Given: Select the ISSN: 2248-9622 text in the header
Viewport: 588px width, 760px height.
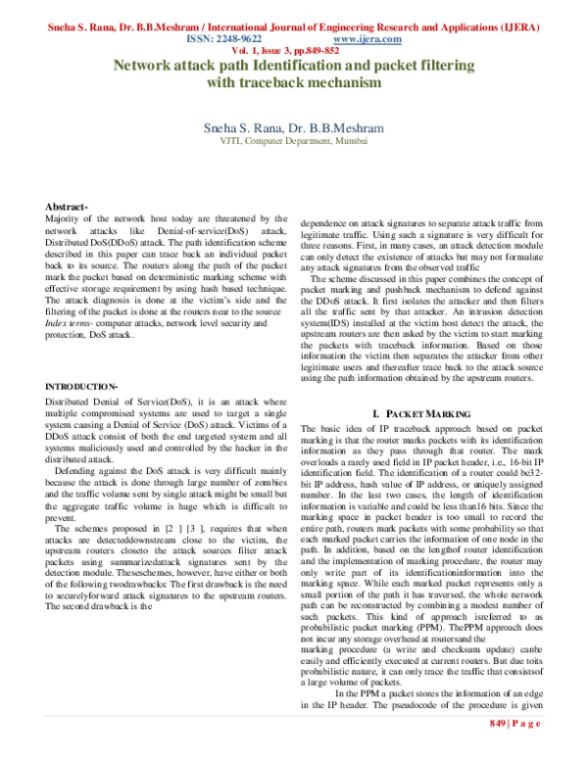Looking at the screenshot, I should [x=223, y=39].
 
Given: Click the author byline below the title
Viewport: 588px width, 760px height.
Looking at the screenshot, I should [x=293, y=127].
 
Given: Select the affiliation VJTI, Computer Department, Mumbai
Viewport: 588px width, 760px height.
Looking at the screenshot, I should [x=293, y=141].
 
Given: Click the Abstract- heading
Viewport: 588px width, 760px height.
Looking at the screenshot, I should [x=68, y=207].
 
